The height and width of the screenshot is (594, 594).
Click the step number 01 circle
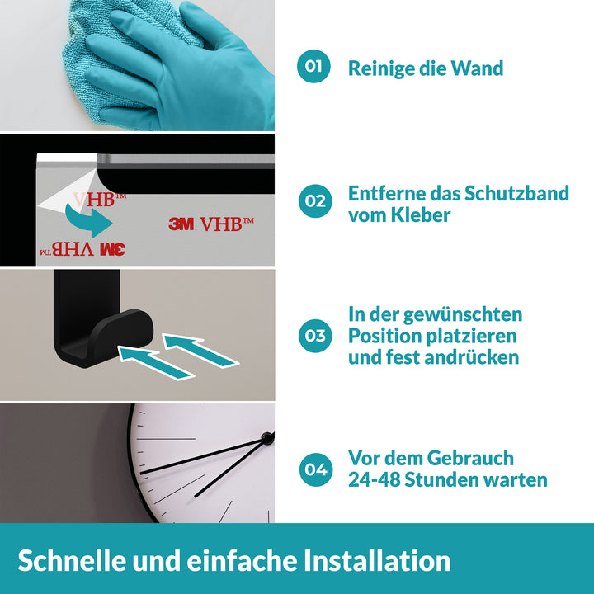313,66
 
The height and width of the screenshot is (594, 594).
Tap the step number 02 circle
315,200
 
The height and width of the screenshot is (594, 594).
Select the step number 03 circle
315,336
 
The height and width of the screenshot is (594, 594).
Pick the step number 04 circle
316,469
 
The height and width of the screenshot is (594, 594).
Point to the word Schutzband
516,194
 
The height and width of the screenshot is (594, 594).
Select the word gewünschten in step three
463,315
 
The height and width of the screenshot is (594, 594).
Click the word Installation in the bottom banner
377,561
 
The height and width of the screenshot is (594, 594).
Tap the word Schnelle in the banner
72,561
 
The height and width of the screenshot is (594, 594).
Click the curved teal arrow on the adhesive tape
88,221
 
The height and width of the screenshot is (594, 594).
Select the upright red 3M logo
181,224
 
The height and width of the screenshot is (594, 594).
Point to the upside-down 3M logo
112,250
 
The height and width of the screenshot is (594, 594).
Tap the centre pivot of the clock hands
267,438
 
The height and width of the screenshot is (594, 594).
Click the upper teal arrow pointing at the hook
200,351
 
